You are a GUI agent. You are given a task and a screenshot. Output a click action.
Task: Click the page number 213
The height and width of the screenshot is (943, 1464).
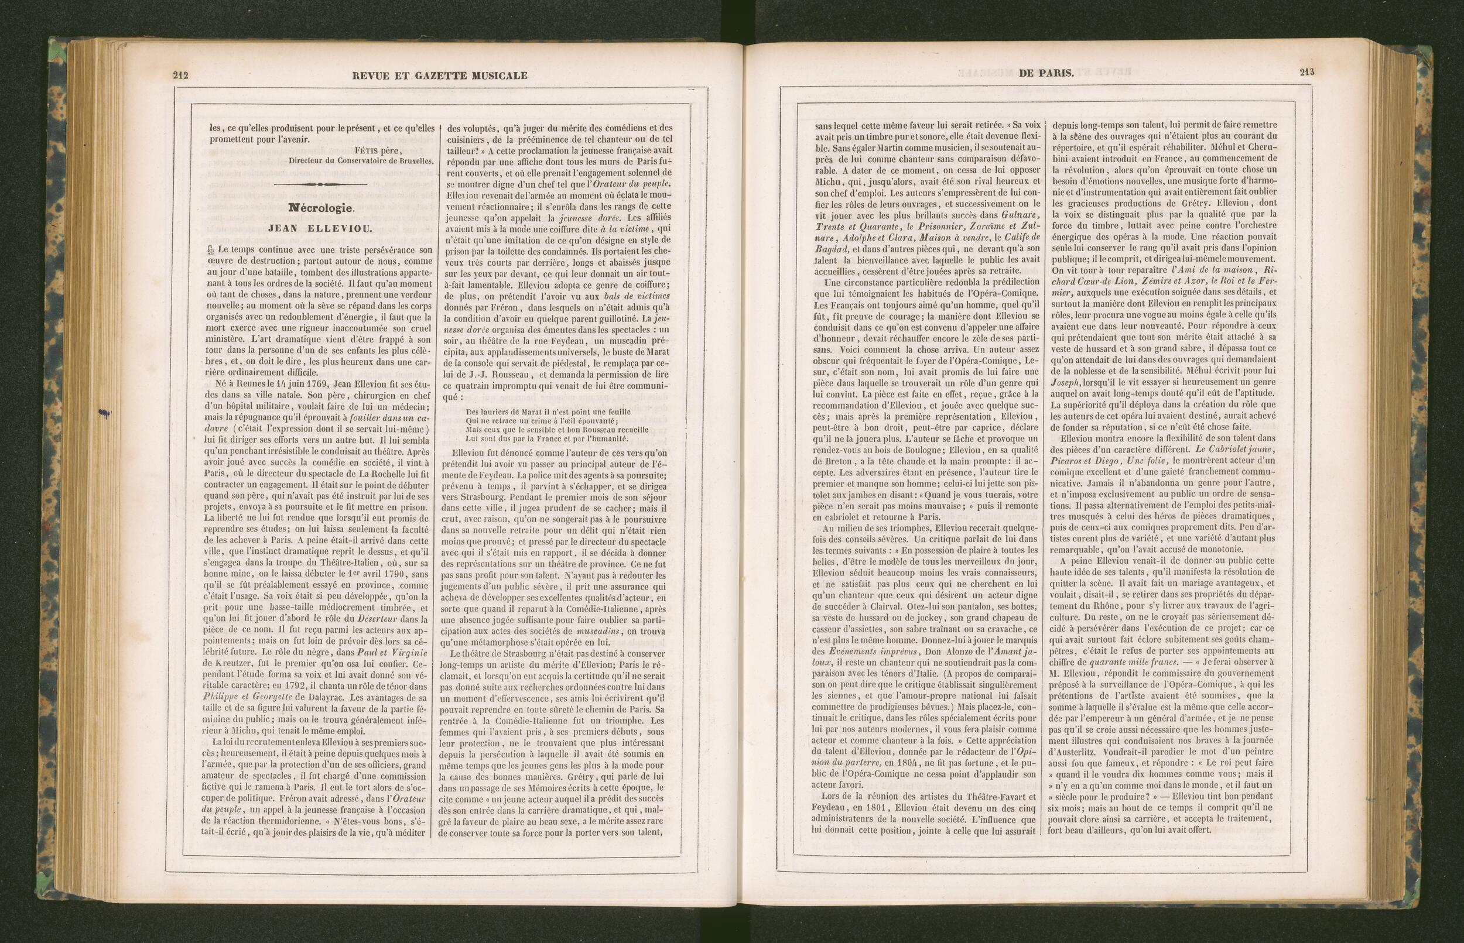(1306, 73)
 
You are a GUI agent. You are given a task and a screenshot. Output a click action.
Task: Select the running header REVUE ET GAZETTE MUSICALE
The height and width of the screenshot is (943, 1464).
(440, 76)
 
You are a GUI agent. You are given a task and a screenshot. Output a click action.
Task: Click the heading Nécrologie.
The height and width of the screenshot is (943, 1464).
(321, 208)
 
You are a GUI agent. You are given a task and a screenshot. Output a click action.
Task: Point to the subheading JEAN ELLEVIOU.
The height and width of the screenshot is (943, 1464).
(320, 229)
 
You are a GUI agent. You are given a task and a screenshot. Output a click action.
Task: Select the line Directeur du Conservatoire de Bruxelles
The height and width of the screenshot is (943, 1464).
(361, 161)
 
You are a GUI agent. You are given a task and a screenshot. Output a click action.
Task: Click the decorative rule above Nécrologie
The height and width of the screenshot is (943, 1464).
(321, 184)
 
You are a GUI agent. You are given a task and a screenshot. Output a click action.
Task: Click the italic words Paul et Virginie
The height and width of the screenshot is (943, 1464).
(397, 653)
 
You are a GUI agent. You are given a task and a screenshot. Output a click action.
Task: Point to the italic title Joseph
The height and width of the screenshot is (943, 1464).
(1067, 381)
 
